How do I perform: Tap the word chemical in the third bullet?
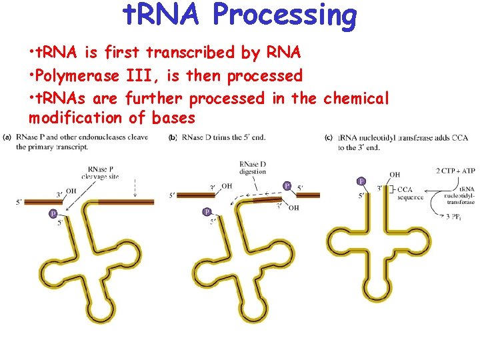pos(355,98)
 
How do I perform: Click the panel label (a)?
pos(7,137)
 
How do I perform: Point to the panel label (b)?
pos(173,137)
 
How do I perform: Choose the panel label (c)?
pos(329,137)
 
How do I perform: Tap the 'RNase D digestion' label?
pos(253,167)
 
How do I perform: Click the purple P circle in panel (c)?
pos(361,181)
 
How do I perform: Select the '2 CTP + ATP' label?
pos(455,172)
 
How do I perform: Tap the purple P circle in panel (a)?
pos(53,213)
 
